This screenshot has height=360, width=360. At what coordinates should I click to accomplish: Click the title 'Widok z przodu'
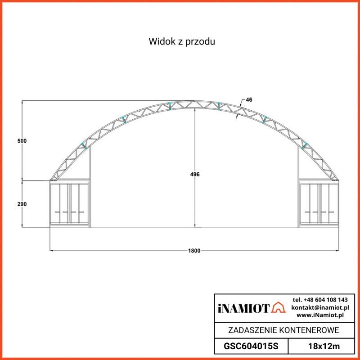(x=183, y=42)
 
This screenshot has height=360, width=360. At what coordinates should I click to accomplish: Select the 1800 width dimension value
(x=194, y=251)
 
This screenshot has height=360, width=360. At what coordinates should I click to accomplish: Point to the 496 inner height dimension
(x=195, y=174)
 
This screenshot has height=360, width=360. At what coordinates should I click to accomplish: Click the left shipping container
(x=69, y=204)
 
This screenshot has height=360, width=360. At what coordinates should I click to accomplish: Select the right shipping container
(x=319, y=204)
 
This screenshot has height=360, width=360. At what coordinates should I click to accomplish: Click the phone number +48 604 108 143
(x=320, y=300)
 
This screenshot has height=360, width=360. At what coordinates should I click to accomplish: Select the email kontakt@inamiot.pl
(x=320, y=307)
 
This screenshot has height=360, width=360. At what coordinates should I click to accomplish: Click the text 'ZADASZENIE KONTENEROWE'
(x=283, y=330)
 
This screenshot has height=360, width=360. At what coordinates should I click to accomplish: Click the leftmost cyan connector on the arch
(x=83, y=145)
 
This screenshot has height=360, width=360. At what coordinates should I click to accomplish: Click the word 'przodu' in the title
(x=203, y=42)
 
